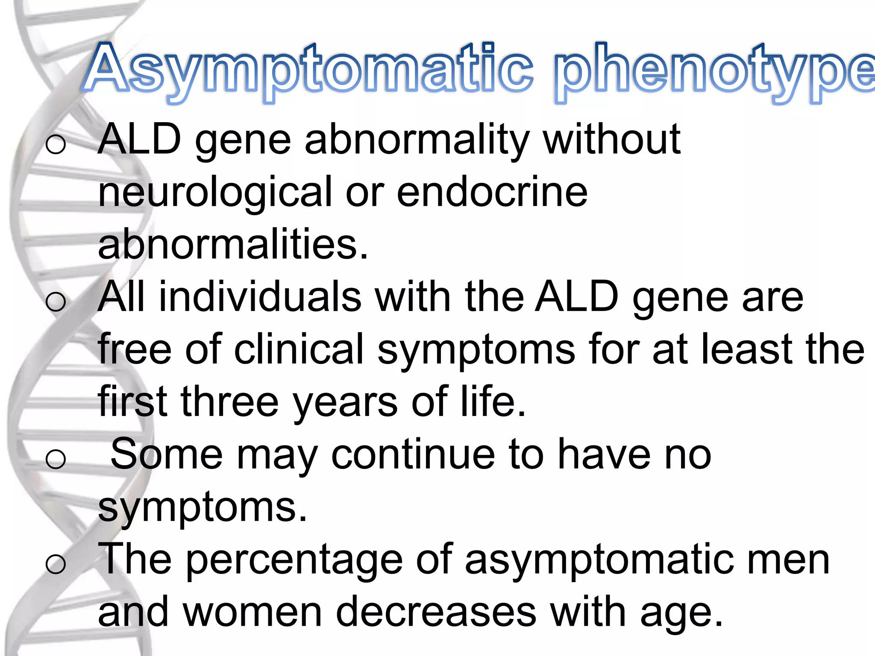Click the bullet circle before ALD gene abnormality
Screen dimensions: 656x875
point(56,144)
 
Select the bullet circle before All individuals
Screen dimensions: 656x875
point(56,302)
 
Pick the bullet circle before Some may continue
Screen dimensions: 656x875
point(56,460)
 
